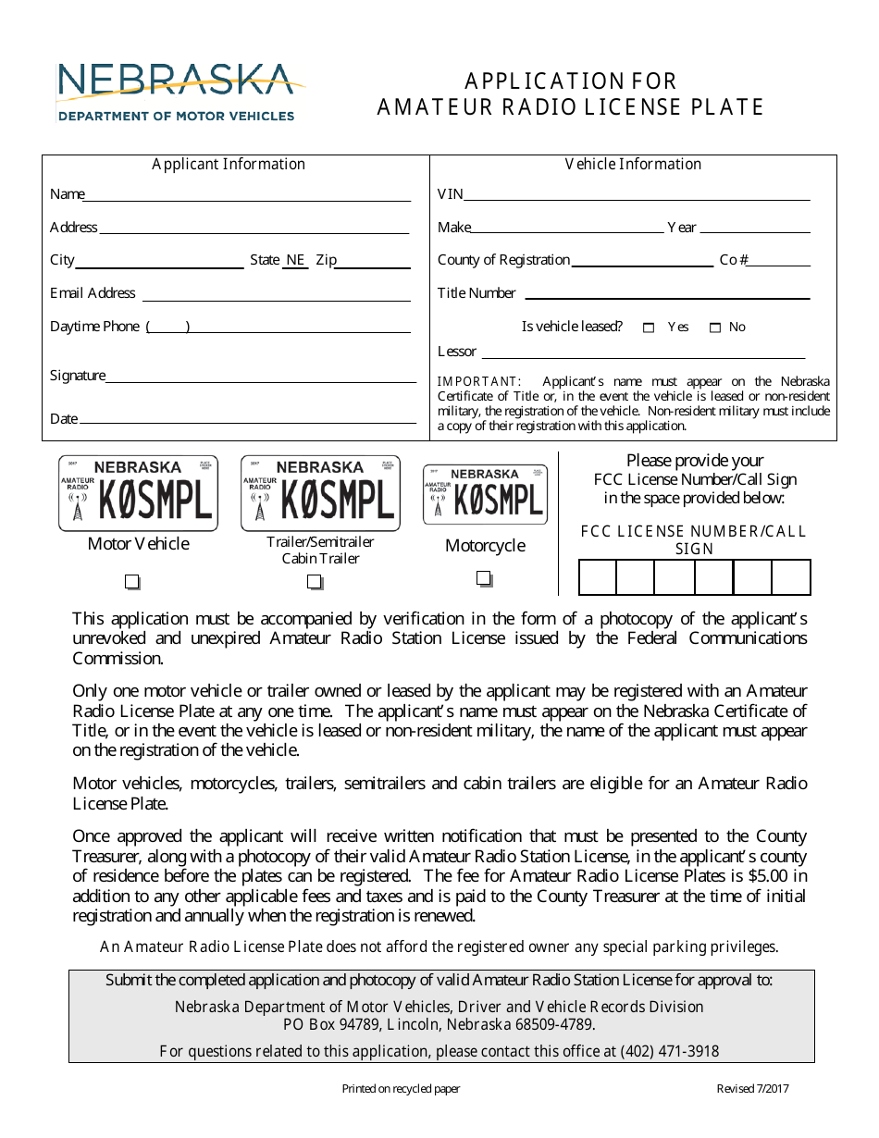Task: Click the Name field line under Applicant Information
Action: click(248, 195)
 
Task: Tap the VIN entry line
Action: click(637, 195)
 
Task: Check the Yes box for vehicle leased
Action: click(649, 328)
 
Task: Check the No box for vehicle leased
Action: click(715, 328)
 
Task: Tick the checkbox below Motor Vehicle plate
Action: click(132, 582)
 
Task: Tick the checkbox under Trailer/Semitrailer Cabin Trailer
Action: click(316, 582)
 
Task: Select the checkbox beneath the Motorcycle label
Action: click(484, 578)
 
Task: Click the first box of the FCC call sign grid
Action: click(598, 577)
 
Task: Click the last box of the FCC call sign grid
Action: click(791, 577)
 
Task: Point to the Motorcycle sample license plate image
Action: click(485, 495)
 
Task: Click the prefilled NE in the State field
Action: click(295, 261)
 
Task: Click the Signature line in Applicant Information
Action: click(261, 377)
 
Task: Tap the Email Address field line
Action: click(276, 295)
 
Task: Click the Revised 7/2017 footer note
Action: click(752, 1089)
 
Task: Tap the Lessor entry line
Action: click(643, 353)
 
